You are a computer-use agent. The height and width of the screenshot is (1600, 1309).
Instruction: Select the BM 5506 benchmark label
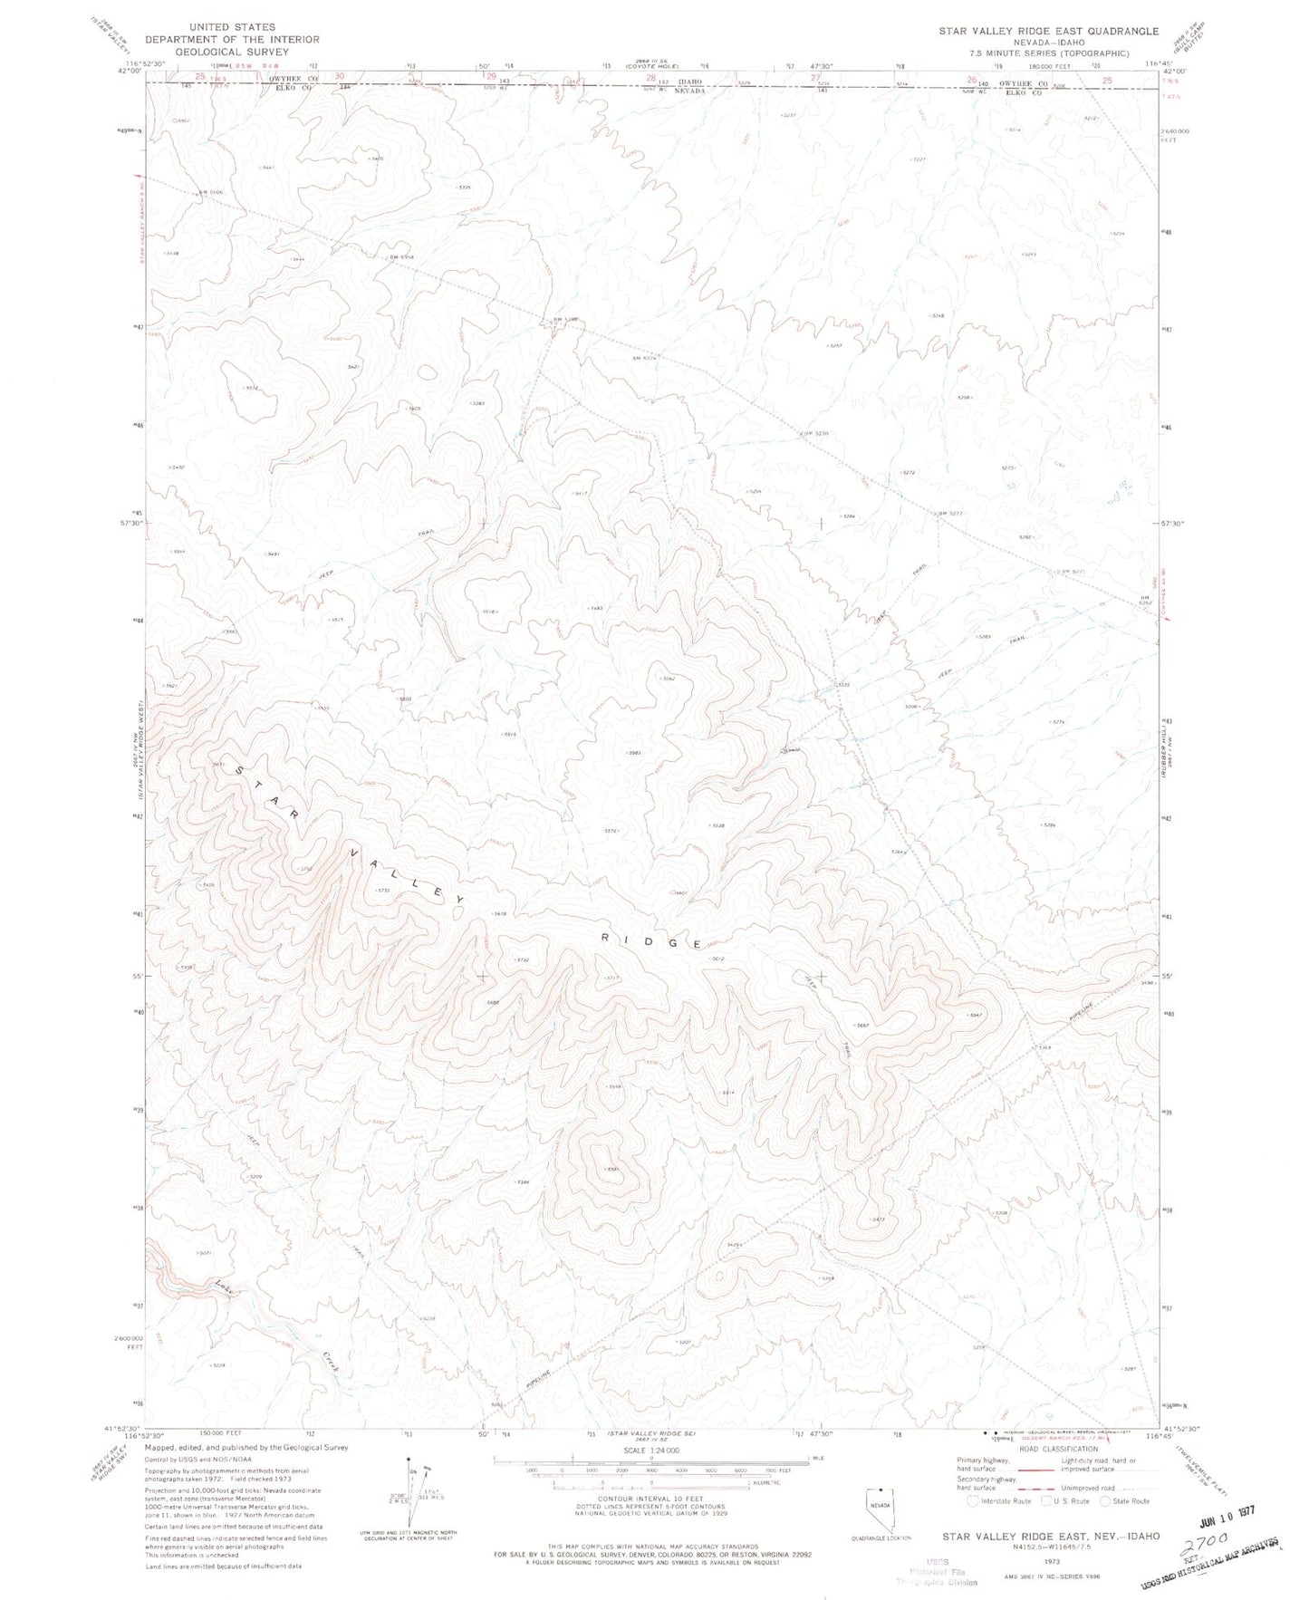pyautogui.click(x=210, y=192)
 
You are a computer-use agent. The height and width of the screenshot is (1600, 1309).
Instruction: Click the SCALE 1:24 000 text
pyautogui.click(x=632, y=1451)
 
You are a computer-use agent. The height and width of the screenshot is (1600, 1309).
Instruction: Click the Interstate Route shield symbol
pyautogui.click(x=973, y=1501)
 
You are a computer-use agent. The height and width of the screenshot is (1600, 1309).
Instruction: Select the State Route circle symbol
pyautogui.click(x=1106, y=1501)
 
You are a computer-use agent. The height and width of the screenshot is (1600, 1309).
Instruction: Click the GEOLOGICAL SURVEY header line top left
pyautogui.click(x=232, y=52)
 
